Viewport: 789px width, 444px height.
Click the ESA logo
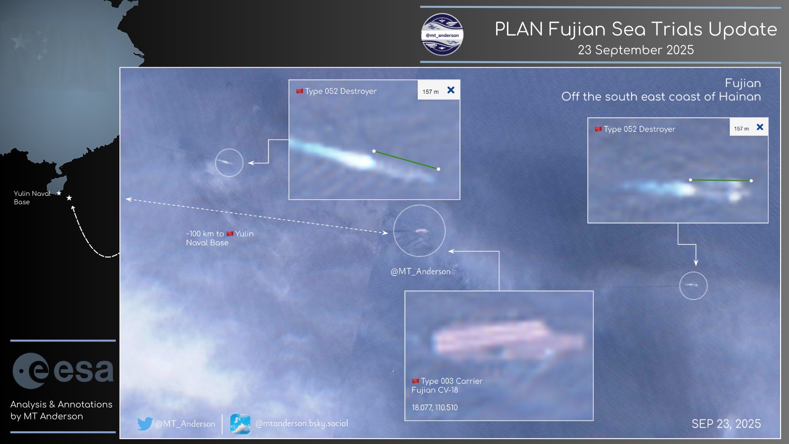point(63,370)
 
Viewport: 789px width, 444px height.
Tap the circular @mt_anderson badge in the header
point(442,35)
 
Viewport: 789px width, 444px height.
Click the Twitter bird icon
point(144,423)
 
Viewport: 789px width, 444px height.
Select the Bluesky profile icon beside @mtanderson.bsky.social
point(240,423)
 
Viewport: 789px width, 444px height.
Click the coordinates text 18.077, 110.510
point(434,407)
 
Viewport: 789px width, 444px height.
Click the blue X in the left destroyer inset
point(451,90)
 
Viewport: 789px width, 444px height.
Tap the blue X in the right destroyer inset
point(760,127)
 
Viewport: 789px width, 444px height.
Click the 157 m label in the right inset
point(741,129)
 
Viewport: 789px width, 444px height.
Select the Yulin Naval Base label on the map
point(32,197)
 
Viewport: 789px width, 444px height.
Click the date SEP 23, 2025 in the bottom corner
point(726,424)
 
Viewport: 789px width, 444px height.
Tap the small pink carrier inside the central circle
point(421,230)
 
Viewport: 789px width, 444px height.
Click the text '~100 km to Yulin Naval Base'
point(219,238)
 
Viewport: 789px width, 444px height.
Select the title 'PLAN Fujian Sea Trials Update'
point(636,29)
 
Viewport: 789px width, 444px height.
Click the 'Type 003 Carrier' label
point(451,381)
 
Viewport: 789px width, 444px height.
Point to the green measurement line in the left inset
point(406,160)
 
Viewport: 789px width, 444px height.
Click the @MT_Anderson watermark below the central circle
point(421,271)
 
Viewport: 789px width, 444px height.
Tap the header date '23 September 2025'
point(636,50)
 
